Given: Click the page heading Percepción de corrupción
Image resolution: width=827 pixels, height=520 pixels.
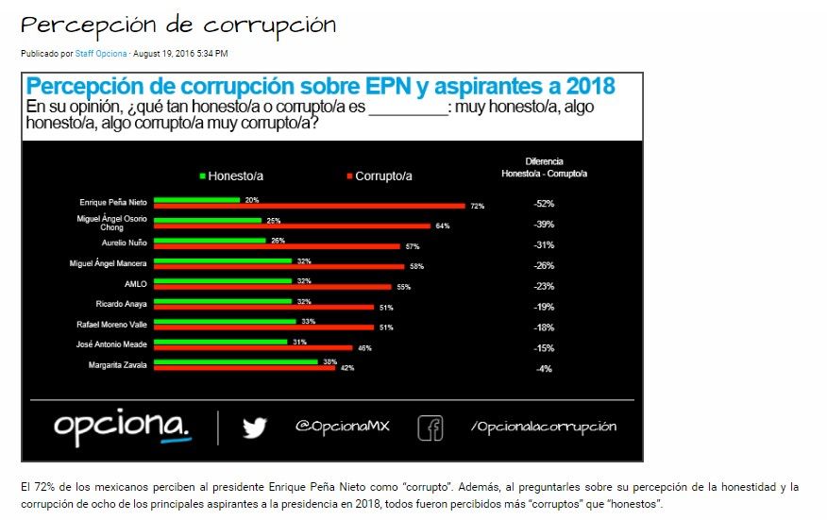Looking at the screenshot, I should tap(178, 25).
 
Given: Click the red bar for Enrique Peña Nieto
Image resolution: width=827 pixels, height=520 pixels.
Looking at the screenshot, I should tap(309, 206).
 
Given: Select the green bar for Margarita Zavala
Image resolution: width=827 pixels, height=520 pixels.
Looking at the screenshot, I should tap(235, 361).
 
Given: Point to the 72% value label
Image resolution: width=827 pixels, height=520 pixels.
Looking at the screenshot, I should tap(477, 206).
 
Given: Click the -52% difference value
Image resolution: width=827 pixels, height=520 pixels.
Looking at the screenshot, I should tap(543, 204).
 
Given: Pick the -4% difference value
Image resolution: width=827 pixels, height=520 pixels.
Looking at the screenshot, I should tap(544, 369).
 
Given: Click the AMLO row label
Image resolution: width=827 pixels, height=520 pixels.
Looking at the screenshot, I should tap(133, 282).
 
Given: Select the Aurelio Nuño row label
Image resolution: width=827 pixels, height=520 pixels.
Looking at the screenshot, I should tap(124, 243).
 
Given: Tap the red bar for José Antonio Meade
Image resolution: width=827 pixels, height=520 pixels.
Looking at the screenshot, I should tap(252, 347).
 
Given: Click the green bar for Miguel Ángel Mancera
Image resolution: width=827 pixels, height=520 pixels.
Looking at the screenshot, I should tap(223, 260).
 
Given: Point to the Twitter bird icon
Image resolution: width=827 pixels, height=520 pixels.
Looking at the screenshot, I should tap(254, 428).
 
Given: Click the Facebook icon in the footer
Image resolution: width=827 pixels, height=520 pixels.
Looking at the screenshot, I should tap(430, 428).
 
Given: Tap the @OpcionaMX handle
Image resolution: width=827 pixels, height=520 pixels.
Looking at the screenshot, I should tap(342, 427).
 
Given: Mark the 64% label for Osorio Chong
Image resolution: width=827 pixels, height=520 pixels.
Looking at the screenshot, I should tap(442, 226).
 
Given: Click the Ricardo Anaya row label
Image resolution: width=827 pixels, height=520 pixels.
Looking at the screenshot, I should tap(122, 304).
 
